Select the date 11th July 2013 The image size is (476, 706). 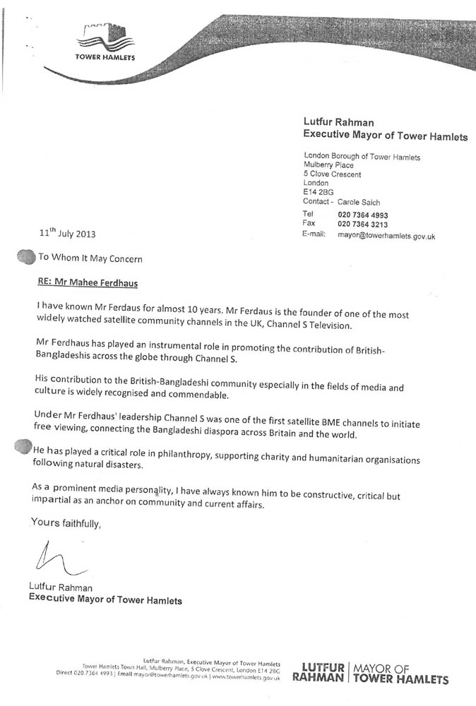tap(66, 234)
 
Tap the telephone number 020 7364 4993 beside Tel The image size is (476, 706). tap(374, 215)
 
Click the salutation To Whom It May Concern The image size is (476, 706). tap(90, 258)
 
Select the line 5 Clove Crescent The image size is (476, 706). tap(332, 174)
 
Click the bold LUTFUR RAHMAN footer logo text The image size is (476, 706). tap(322, 673)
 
